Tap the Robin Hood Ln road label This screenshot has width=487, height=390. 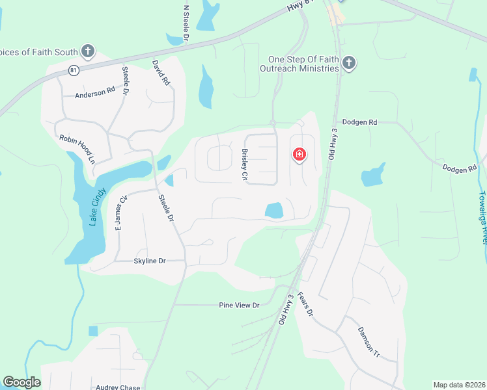pos(77,149)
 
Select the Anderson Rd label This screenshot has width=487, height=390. pos(94,94)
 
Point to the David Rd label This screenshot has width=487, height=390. pos(161,73)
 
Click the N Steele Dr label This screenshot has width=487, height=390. pos(186,24)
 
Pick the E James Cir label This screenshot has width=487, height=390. pos(120,215)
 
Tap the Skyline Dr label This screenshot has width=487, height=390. pos(150,261)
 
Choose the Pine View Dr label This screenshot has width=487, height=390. pos(239,305)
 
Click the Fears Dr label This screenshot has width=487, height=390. pos(305,304)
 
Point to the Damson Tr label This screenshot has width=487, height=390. pos(367,342)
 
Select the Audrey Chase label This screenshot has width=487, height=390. pos(118,387)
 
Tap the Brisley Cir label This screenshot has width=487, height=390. pos(245,165)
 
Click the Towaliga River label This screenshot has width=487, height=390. pos(482,217)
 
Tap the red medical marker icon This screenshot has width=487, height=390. pos(299,155)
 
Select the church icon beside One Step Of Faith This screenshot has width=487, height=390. pos(349,63)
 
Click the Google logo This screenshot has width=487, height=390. pos(22,382)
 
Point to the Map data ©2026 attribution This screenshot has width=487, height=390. pos(458,385)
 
